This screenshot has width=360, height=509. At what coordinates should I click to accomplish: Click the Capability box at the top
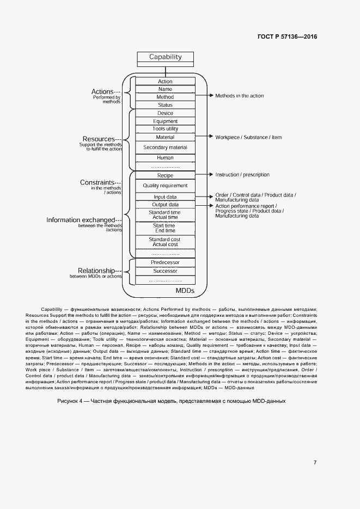tap(165, 57)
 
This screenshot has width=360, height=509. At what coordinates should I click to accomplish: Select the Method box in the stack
tap(165, 97)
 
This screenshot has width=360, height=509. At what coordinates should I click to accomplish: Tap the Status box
tap(165, 105)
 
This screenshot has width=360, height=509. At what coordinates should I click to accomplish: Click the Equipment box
tap(165, 121)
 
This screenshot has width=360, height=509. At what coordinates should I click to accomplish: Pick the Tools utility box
tap(165, 129)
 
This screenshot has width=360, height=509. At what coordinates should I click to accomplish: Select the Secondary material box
tap(165, 148)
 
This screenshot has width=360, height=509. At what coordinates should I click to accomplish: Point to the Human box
tap(165, 158)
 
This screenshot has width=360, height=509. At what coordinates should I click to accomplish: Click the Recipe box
tap(165, 175)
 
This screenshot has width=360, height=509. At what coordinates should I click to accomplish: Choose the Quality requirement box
tap(165, 186)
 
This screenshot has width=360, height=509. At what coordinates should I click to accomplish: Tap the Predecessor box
tap(165, 262)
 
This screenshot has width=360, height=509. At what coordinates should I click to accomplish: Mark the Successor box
tap(165, 271)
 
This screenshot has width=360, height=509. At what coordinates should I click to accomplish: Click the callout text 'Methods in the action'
tap(239, 96)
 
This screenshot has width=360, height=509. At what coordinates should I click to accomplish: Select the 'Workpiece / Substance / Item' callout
tap(248, 137)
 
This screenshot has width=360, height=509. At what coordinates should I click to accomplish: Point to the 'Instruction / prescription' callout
tap(242, 175)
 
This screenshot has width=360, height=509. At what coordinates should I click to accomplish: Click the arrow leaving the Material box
tap(204, 137)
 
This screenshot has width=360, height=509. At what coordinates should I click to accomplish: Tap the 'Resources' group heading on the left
tap(98, 139)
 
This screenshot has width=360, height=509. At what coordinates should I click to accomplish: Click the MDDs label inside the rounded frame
tap(185, 291)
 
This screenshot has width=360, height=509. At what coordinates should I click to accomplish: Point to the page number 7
tap(315, 463)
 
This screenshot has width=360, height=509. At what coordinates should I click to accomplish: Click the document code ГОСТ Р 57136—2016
tap(287, 36)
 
